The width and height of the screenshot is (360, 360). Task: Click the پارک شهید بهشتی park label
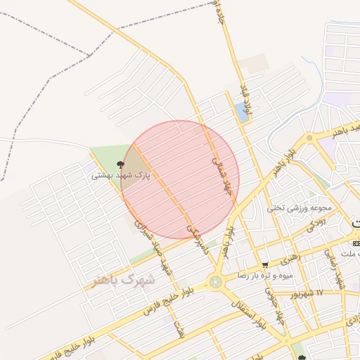tap(121, 176)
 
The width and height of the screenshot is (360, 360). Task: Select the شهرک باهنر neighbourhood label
tap(124, 280)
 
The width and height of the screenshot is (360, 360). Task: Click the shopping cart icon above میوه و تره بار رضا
tap(264, 264)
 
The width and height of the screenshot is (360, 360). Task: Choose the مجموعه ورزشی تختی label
tap(295, 208)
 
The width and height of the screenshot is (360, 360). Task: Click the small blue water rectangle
tap(243, 112)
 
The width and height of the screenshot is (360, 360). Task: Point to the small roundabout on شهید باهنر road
tap(309, 138)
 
